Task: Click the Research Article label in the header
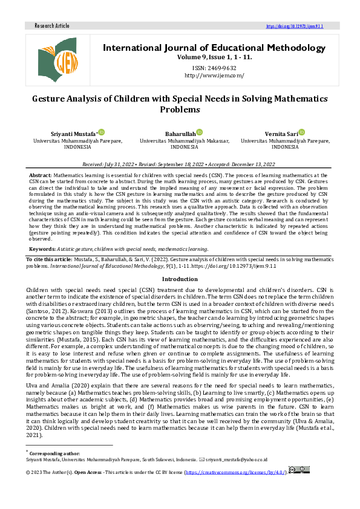[x=52, y=26]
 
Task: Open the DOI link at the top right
[x=295, y=27]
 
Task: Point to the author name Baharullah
[x=180, y=133]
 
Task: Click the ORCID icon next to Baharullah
[x=200, y=132]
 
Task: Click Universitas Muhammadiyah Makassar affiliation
[x=180, y=140]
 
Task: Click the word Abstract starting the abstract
[x=41, y=174]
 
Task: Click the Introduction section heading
[x=180, y=279]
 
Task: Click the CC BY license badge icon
[x=299, y=470]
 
